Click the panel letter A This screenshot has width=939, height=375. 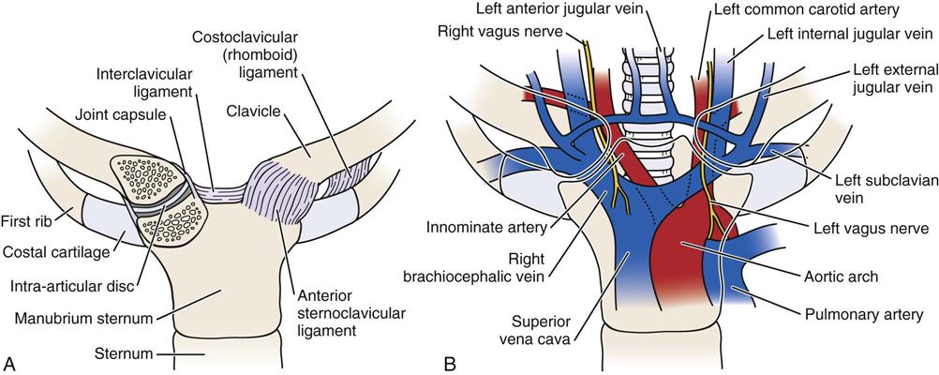tap(8, 361)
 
